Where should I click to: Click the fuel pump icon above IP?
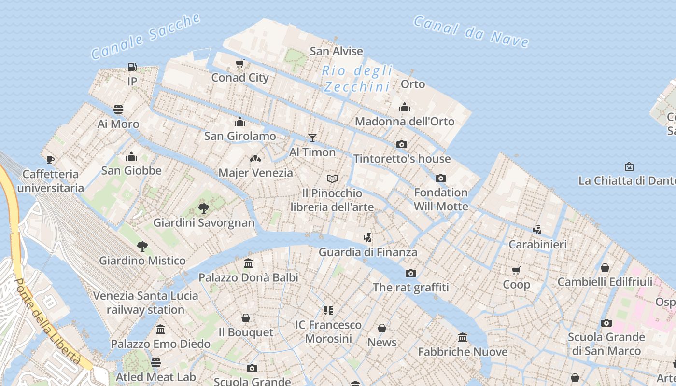(132, 67)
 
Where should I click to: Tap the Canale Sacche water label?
(145, 36)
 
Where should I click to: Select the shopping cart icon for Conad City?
(239, 63)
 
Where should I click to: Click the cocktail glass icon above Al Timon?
(312, 138)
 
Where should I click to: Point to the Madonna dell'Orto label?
(405, 121)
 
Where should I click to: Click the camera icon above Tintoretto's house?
(401, 144)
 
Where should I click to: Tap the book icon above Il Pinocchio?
(332, 179)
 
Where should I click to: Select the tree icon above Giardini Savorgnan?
(203, 208)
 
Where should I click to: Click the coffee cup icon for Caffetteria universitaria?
(50, 160)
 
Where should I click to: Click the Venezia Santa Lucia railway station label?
(145, 303)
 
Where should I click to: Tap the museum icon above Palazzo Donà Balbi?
(248, 263)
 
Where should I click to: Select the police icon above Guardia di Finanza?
(368, 237)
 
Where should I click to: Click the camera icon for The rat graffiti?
(410, 273)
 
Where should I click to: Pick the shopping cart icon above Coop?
(516, 270)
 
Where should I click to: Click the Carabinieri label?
(537, 244)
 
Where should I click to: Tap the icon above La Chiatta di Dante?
(629, 166)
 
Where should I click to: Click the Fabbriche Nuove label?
(463, 352)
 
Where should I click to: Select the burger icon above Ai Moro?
(118, 110)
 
